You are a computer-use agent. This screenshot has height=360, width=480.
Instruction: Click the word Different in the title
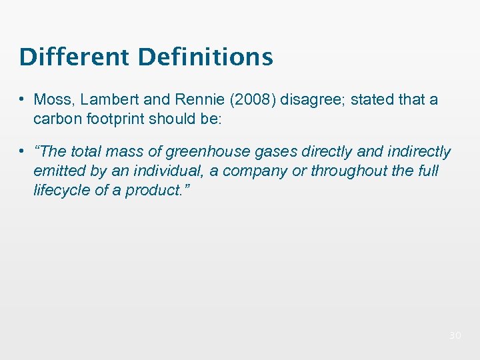point(75,57)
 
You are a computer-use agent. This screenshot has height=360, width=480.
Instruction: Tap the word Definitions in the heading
point(205,57)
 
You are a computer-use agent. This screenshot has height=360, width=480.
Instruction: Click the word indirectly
point(418,153)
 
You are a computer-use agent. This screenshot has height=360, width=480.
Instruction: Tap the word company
point(251,171)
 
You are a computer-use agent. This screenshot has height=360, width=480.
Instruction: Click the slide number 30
point(455,335)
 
